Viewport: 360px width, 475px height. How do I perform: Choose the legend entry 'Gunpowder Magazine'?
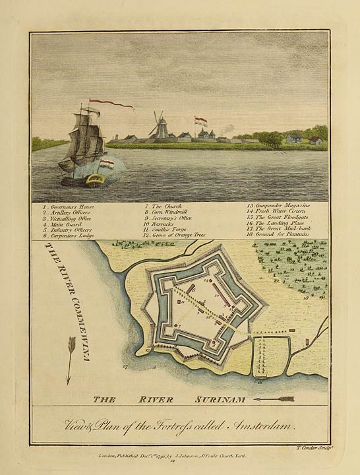[x=277, y=206]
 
